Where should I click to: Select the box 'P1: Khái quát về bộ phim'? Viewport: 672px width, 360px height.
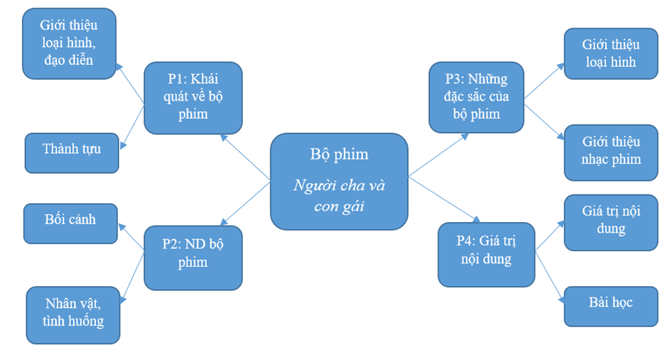point(192,97)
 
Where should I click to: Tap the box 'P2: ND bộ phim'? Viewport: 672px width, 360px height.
point(192,257)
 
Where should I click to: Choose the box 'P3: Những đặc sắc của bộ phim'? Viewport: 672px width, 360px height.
point(476,97)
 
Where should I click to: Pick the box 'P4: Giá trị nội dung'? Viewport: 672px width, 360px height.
point(486,254)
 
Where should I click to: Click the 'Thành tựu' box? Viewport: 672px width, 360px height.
point(71,152)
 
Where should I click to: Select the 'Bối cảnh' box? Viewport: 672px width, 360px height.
point(70,223)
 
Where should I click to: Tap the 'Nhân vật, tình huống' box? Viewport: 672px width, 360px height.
point(73,314)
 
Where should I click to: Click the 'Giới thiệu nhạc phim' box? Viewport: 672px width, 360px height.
point(611,152)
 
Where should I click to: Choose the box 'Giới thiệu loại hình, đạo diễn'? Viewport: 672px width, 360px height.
point(69,43)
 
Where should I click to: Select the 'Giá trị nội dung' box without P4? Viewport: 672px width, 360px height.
point(611,222)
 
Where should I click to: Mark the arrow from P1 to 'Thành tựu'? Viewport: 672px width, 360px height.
point(132,126)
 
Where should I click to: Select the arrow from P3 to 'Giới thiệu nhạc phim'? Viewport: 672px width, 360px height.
point(544,121)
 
